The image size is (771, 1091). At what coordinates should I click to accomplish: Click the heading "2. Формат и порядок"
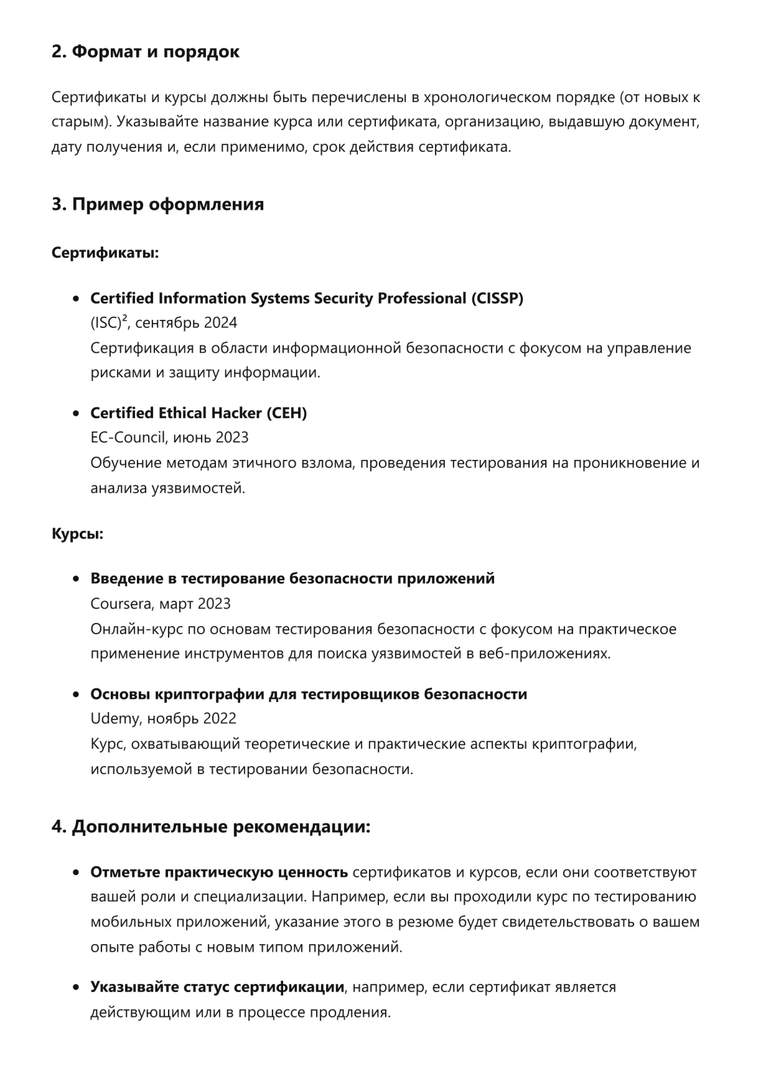coord(145,52)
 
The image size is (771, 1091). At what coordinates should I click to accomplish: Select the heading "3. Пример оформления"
coord(157,204)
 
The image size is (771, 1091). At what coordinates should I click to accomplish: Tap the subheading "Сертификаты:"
coord(105,253)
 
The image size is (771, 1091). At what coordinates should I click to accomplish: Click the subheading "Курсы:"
coord(77,534)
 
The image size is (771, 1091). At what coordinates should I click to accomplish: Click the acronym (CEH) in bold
coord(286,413)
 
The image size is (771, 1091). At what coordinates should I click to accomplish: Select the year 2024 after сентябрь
coord(220,323)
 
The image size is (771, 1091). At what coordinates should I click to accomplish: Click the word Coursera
coord(122,604)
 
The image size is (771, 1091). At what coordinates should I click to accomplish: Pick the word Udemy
coord(115,719)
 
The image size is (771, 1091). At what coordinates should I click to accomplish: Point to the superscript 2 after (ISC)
coord(124,319)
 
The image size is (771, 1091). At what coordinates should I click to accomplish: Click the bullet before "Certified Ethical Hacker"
coord(76,414)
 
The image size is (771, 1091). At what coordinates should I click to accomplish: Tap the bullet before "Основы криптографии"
coord(76,695)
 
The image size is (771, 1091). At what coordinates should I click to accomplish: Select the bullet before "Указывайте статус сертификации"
coord(76,988)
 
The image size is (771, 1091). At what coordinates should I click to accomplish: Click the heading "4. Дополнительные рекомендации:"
coord(211,827)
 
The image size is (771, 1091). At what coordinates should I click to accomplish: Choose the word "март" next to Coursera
coord(176,604)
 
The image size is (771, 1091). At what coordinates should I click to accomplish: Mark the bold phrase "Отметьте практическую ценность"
coord(219,873)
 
